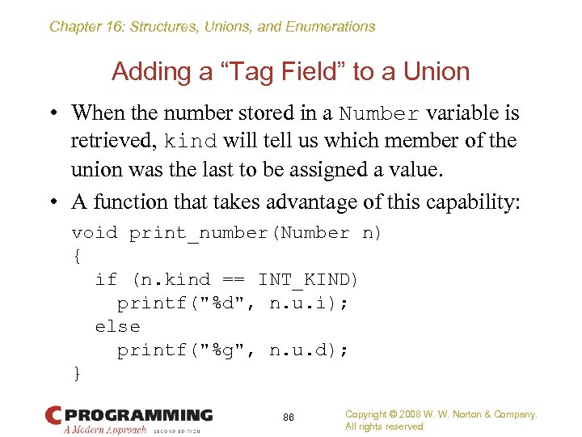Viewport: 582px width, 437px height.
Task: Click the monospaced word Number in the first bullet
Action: tap(379, 113)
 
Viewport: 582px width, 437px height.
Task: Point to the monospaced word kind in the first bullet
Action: tap(192, 142)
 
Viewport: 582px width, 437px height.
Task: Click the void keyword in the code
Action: tap(95, 233)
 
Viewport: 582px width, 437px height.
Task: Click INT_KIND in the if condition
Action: tap(308, 280)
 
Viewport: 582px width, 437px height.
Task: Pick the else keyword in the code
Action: tap(117, 327)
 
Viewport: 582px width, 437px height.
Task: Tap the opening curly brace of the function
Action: tap(77, 257)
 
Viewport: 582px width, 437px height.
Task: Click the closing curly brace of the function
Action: tap(77, 373)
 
